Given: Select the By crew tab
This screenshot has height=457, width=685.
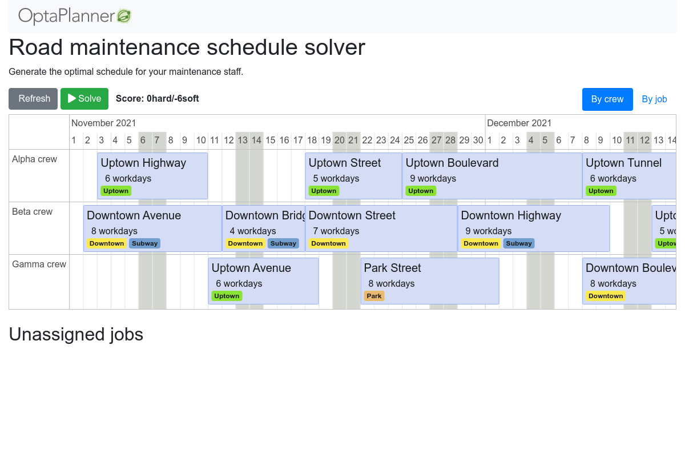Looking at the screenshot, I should click(607, 99).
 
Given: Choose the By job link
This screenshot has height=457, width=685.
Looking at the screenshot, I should click(654, 99).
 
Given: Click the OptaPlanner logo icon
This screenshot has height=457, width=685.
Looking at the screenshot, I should click(124, 17).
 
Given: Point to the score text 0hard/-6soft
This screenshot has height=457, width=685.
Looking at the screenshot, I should click(157, 98).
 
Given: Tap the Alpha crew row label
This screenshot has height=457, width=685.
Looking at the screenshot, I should click(35, 159).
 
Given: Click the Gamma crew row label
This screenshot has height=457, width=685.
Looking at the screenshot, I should click(39, 264).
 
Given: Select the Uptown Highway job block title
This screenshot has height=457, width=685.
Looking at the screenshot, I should click(143, 163).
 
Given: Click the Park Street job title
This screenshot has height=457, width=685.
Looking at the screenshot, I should click(392, 268).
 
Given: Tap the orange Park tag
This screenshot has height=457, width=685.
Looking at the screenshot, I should click(374, 296).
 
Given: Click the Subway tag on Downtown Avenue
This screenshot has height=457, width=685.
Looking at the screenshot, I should click(144, 243).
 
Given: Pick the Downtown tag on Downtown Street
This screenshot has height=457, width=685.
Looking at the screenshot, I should click(328, 243).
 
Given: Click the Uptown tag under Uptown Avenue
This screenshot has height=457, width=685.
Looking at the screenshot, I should click(227, 296).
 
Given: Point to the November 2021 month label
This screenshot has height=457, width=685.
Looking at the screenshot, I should click(103, 123).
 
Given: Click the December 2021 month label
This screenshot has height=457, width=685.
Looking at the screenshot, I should click(519, 123).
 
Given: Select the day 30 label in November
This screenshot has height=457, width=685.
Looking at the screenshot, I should click(478, 140).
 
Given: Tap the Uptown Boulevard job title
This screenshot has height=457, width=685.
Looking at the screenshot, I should click(452, 163).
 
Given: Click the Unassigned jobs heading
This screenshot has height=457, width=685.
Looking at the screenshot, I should click(76, 334).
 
